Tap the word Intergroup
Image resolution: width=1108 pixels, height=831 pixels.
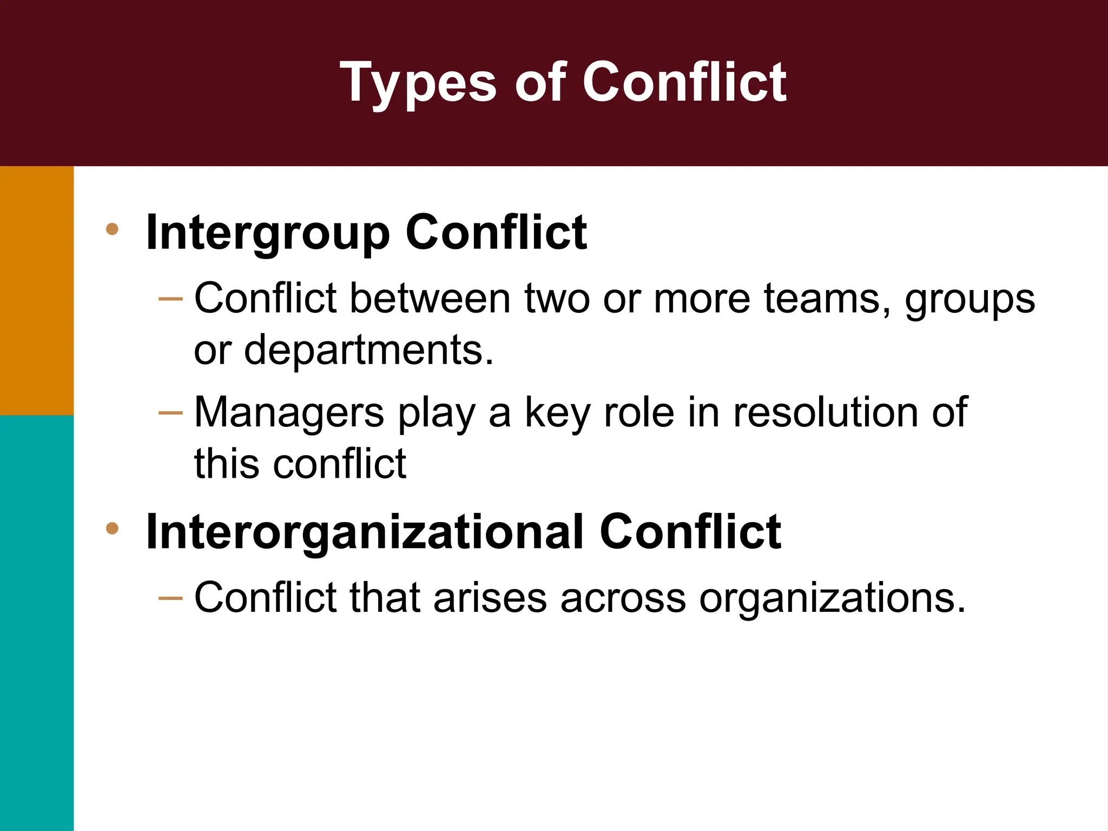tap(268, 233)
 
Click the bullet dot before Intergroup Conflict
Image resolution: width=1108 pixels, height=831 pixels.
tap(113, 229)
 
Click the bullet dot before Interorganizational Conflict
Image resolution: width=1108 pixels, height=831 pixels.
tap(113, 528)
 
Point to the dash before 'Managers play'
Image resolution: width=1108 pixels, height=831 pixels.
tap(171, 413)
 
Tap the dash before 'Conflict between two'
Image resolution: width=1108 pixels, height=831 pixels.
tap(171, 299)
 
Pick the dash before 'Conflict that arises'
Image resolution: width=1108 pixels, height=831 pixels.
tap(171, 598)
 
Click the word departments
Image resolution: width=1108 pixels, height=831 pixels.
tap(368, 351)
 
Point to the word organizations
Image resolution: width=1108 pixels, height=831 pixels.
tap(832, 599)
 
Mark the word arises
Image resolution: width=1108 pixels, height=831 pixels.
tap(490, 598)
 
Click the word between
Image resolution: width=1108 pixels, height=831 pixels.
tap(430, 299)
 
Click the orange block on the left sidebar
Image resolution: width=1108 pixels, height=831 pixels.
tap(36, 291)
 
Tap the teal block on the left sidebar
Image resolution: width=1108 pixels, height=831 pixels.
tap(36, 622)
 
